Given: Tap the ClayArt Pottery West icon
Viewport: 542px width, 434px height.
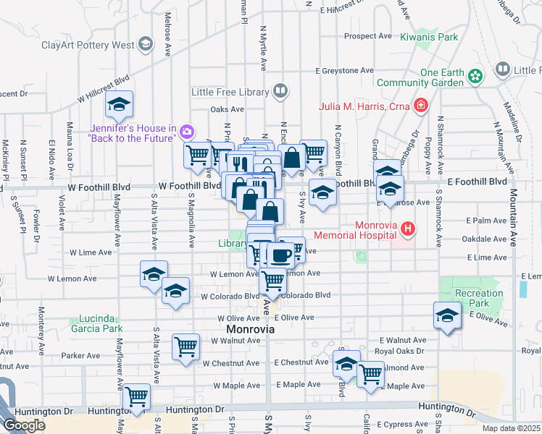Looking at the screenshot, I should point(146,45).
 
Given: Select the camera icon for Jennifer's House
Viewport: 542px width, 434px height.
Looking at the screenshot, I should point(187,131).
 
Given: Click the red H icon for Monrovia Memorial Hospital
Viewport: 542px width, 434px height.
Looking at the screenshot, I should point(409,230).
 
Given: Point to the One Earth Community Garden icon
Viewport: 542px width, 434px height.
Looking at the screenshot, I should point(475,75).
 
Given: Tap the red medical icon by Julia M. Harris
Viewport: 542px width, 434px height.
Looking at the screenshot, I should point(421,107).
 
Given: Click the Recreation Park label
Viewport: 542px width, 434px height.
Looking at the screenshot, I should point(479,298).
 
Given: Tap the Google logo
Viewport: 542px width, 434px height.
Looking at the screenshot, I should point(24,425).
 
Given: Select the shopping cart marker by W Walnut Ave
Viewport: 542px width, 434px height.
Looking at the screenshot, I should point(185,346).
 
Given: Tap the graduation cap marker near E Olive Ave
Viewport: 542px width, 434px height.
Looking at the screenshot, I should point(447,315).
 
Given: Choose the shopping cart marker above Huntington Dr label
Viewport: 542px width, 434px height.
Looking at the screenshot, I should point(136,396).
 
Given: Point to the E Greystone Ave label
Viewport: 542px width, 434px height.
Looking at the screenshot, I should point(344,71).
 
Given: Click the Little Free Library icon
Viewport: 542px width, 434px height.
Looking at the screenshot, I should point(280,91).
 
